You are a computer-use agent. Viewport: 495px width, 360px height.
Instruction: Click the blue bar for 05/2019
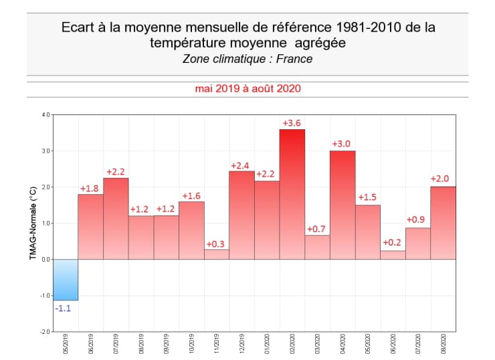[66, 280]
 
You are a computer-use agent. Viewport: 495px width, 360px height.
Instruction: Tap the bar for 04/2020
[342, 205]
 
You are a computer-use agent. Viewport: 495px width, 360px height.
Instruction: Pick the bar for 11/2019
[217, 254]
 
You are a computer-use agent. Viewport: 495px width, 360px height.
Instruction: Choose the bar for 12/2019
[241, 215]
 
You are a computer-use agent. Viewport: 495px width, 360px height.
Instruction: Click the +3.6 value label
[292, 123]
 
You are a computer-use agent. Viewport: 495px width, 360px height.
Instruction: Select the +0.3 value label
[216, 244]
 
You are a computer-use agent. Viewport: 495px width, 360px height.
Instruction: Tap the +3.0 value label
[342, 144]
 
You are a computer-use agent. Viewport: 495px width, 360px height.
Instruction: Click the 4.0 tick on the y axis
[45, 114]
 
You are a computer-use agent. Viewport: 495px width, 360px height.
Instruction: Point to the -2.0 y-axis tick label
[45, 332]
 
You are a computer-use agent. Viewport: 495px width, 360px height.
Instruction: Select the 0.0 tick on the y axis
[45, 259]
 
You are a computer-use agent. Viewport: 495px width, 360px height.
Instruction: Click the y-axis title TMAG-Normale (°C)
[33, 222]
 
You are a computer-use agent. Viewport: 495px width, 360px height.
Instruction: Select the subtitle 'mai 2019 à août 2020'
[248, 88]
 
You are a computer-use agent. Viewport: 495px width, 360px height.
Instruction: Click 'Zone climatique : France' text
[248, 59]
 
